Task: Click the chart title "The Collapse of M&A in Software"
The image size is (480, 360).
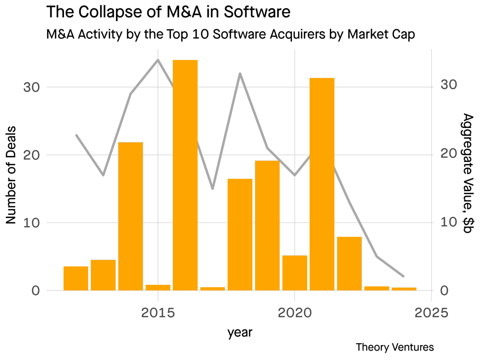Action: [x=168, y=12]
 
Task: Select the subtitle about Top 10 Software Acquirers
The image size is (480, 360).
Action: [x=231, y=34]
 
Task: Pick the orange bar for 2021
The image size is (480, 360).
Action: [x=322, y=184]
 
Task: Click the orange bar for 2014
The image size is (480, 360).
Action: [x=130, y=216]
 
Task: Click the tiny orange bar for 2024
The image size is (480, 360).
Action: [x=404, y=288]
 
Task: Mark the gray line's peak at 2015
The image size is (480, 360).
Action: [x=158, y=60]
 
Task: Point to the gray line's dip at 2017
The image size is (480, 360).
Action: [x=212, y=189]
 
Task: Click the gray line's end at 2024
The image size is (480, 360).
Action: [x=404, y=276]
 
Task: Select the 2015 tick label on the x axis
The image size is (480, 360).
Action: [x=158, y=312]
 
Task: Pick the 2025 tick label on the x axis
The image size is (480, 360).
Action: [x=431, y=312]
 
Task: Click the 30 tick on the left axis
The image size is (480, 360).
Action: [x=31, y=87]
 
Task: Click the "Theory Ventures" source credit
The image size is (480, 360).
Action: [x=394, y=347]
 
